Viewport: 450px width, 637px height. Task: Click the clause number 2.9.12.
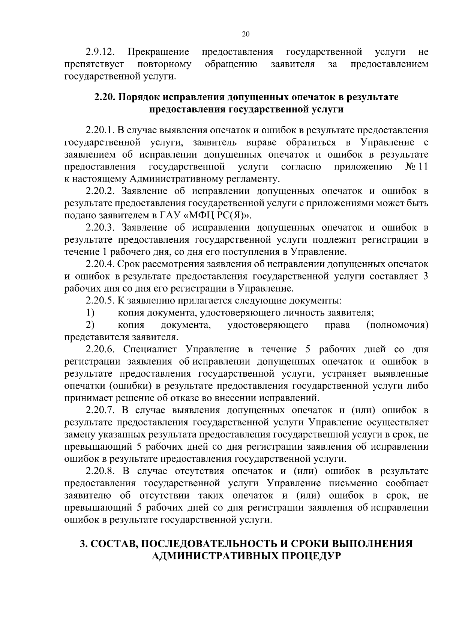pos(100,51)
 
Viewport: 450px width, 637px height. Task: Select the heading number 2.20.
pos(105,97)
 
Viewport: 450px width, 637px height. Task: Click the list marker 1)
pos(90,312)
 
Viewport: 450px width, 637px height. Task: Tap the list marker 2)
pos(90,325)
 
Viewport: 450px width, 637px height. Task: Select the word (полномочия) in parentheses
pos(397,325)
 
